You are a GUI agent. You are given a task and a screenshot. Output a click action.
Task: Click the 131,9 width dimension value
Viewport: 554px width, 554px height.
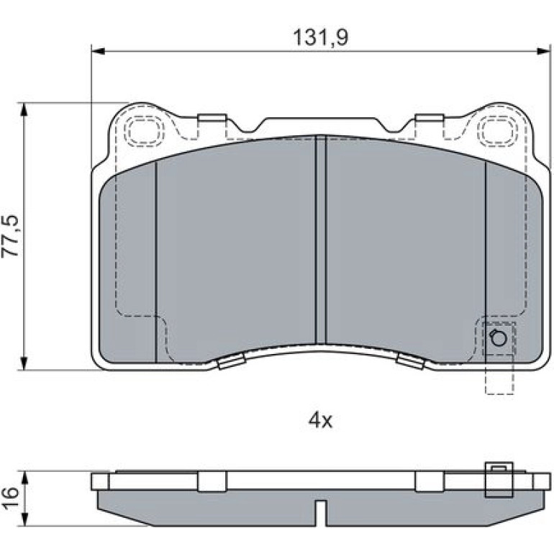[x=321, y=37]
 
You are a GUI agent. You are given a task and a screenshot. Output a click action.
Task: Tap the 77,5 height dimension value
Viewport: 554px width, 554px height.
[x=11, y=236]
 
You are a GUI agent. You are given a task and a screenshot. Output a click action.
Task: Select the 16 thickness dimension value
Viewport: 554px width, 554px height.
[x=11, y=498]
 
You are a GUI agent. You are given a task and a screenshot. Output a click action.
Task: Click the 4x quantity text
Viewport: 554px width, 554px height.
[x=320, y=420]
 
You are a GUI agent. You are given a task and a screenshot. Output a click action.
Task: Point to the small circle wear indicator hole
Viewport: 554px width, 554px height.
[x=498, y=338]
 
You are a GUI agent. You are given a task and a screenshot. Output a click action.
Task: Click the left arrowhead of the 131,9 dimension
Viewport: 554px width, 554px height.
[x=99, y=52]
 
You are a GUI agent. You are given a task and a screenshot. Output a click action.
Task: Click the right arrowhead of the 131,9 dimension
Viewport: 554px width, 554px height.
[x=544, y=52]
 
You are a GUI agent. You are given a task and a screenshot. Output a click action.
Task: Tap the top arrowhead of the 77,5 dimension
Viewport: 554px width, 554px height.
[x=24, y=109]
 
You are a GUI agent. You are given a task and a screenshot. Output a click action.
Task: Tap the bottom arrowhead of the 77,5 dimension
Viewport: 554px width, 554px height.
[x=24, y=363]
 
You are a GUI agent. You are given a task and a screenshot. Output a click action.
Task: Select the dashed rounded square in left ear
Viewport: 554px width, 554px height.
[x=145, y=131]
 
